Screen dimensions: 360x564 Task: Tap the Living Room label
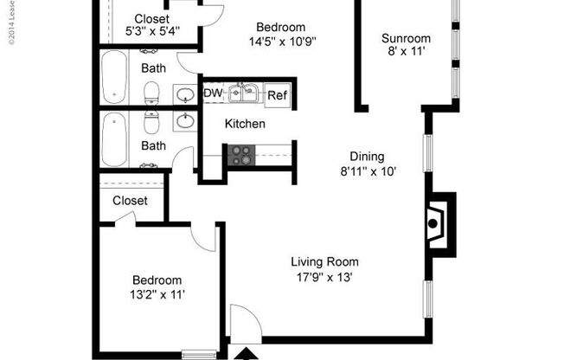tap(324, 262)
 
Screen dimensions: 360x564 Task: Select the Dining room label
tap(367, 157)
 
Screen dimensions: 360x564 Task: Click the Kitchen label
tap(245, 125)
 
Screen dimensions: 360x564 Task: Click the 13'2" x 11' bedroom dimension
tap(157, 295)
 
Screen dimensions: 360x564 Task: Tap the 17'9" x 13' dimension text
tap(324, 278)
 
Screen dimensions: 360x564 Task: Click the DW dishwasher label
tap(212, 93)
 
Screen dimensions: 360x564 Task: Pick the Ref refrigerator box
tap(276, 95)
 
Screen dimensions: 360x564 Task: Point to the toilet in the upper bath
tap(153, 89)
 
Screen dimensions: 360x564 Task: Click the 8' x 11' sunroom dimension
tap(406, 53)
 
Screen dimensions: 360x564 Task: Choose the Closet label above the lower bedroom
tap(130, 201)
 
